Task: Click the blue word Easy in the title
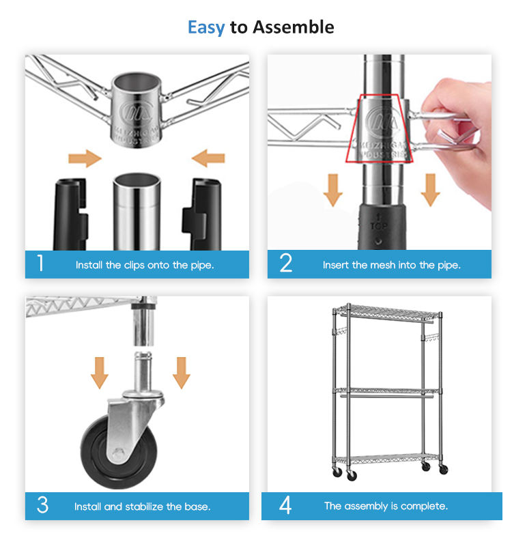pos(206,27)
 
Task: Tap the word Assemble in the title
pos(294,27)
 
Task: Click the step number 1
pos(41,263)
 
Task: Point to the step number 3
pos(42,505)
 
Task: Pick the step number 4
pos(285,505)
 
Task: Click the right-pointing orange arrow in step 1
pos(85,158)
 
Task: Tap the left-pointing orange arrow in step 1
pos(208,158)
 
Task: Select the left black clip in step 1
pos(70,214)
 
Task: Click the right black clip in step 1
pos(202,214)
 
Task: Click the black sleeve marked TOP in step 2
pos(382,227)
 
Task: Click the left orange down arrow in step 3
pos(100,373)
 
